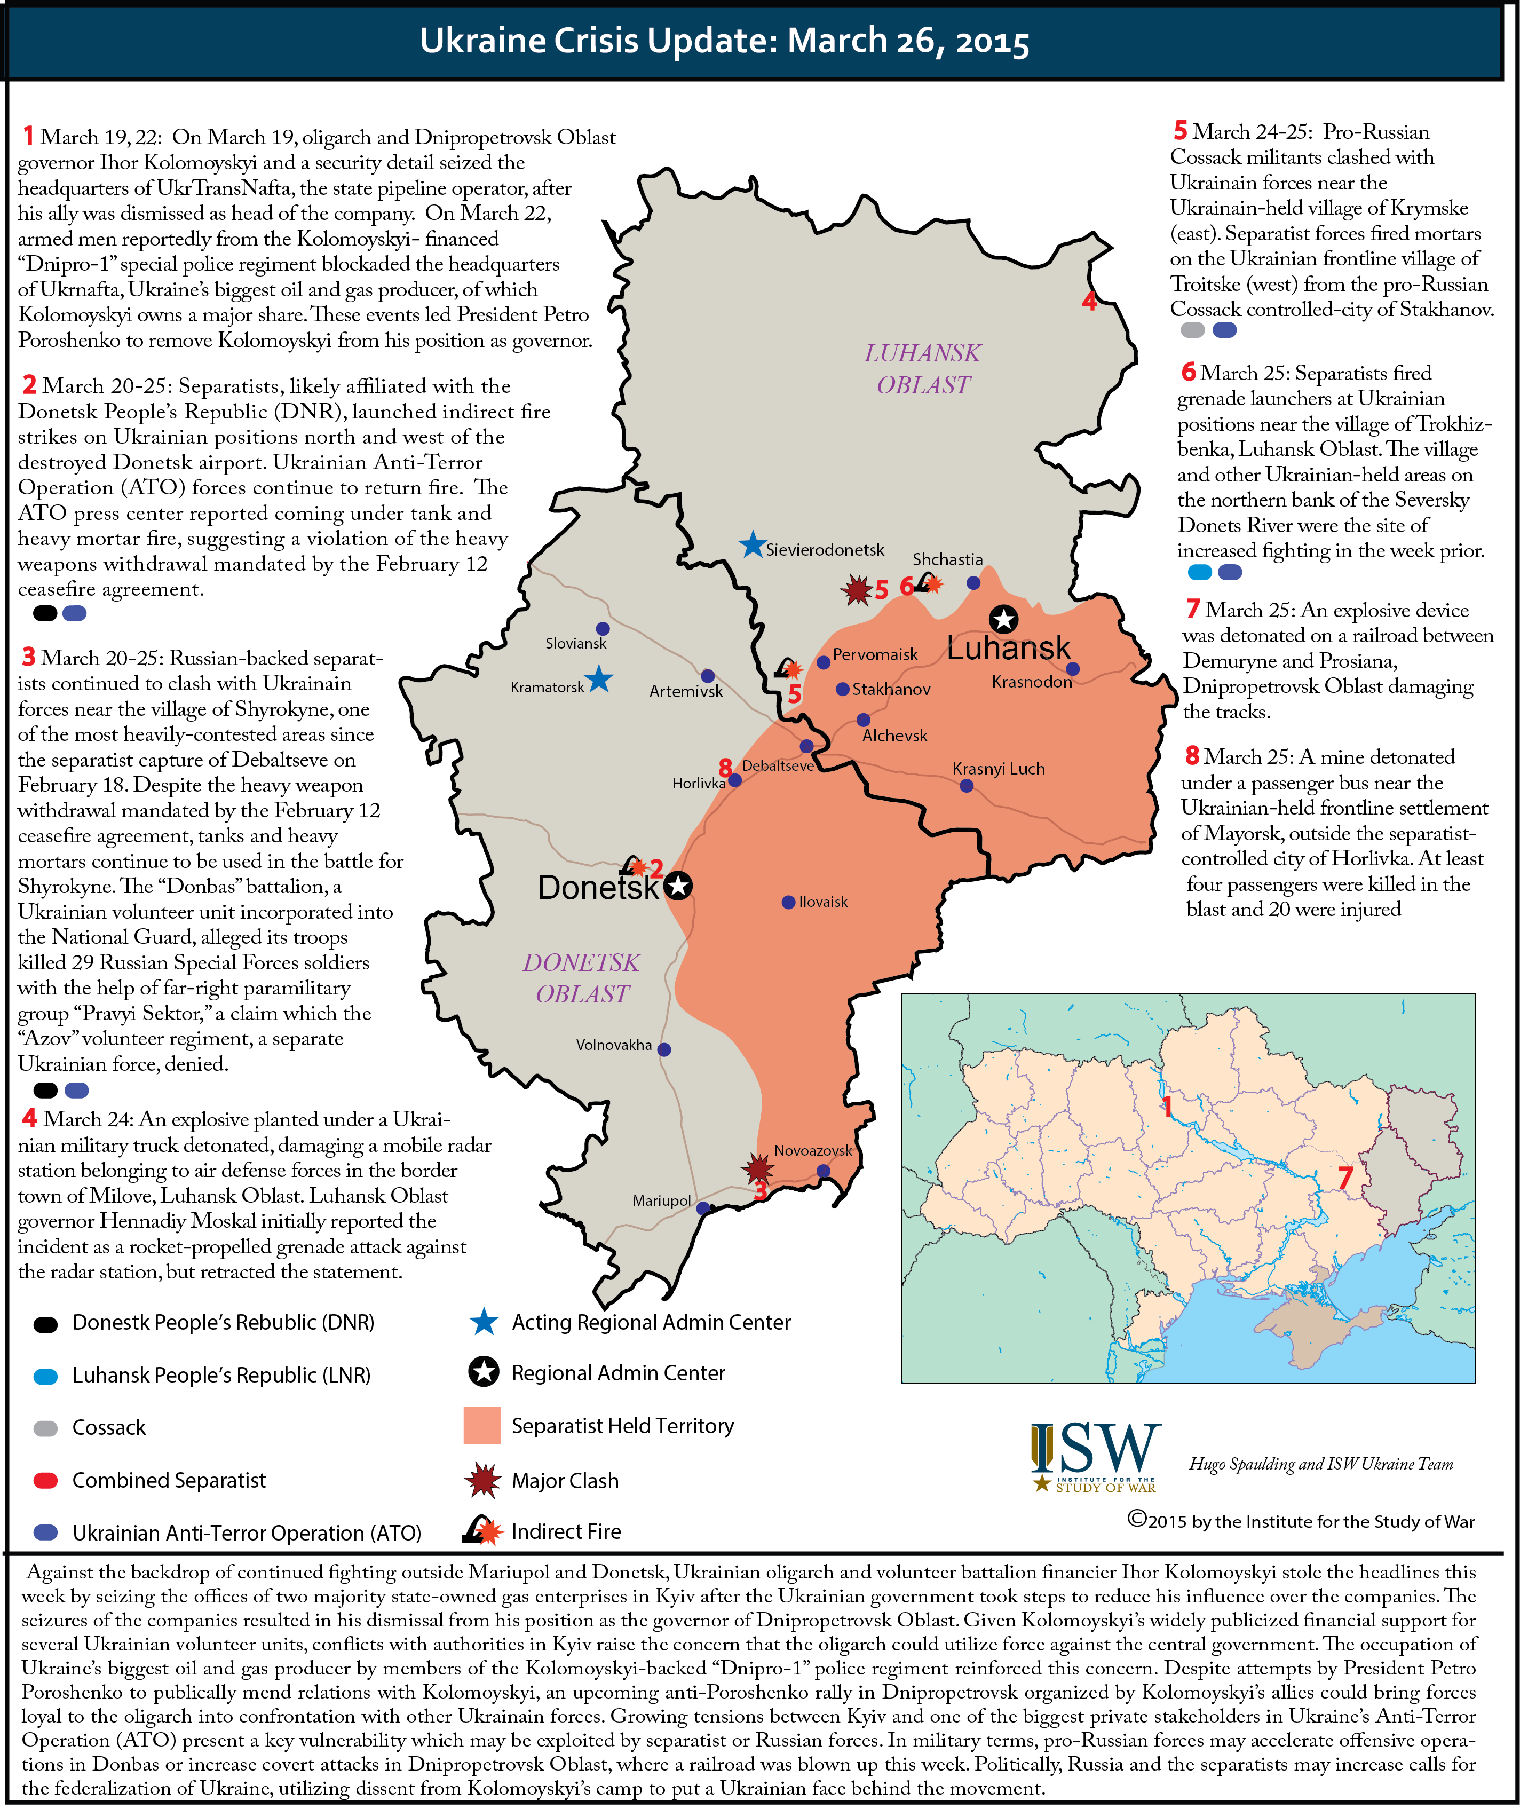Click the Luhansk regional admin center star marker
tap(1003, 619)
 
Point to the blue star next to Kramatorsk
tap(599, 680)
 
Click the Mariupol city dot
tap(702, 1208)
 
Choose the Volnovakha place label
tap(614, 1045)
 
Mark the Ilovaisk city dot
tap(788, 902)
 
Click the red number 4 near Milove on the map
tap(1089, 301)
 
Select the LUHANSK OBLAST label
tap(923, 369)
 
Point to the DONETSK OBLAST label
tap(582, 978)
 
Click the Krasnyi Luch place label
tap(998, 769)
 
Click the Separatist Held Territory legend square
tap(482, 1426)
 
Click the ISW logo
tap(1095, 1457)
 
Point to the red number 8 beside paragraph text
tap(1192, 756)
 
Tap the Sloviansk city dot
tap(603, 629)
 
